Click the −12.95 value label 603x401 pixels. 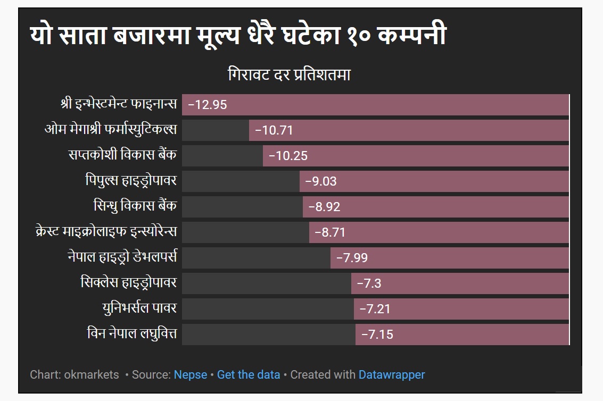[x=208, y=105]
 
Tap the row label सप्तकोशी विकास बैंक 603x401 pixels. [x=122, y=155]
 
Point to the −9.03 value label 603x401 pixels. [x=320, y=181]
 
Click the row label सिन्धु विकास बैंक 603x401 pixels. [x=135, y=206]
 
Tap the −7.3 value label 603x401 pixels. [x=369, y=283]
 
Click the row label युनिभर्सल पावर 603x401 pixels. [x=139, y=308]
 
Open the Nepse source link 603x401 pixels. [x=191, y=374]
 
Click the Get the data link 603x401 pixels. [x=249, y=374]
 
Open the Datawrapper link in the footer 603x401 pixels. [x=392, y=374]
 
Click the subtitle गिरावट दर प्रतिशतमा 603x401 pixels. [x=289, y=75]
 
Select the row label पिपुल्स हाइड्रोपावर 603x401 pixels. [x=131, y=181]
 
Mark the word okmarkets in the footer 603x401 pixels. [x=92, y=374]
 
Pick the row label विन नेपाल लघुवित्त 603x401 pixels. [x=131, y=335]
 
